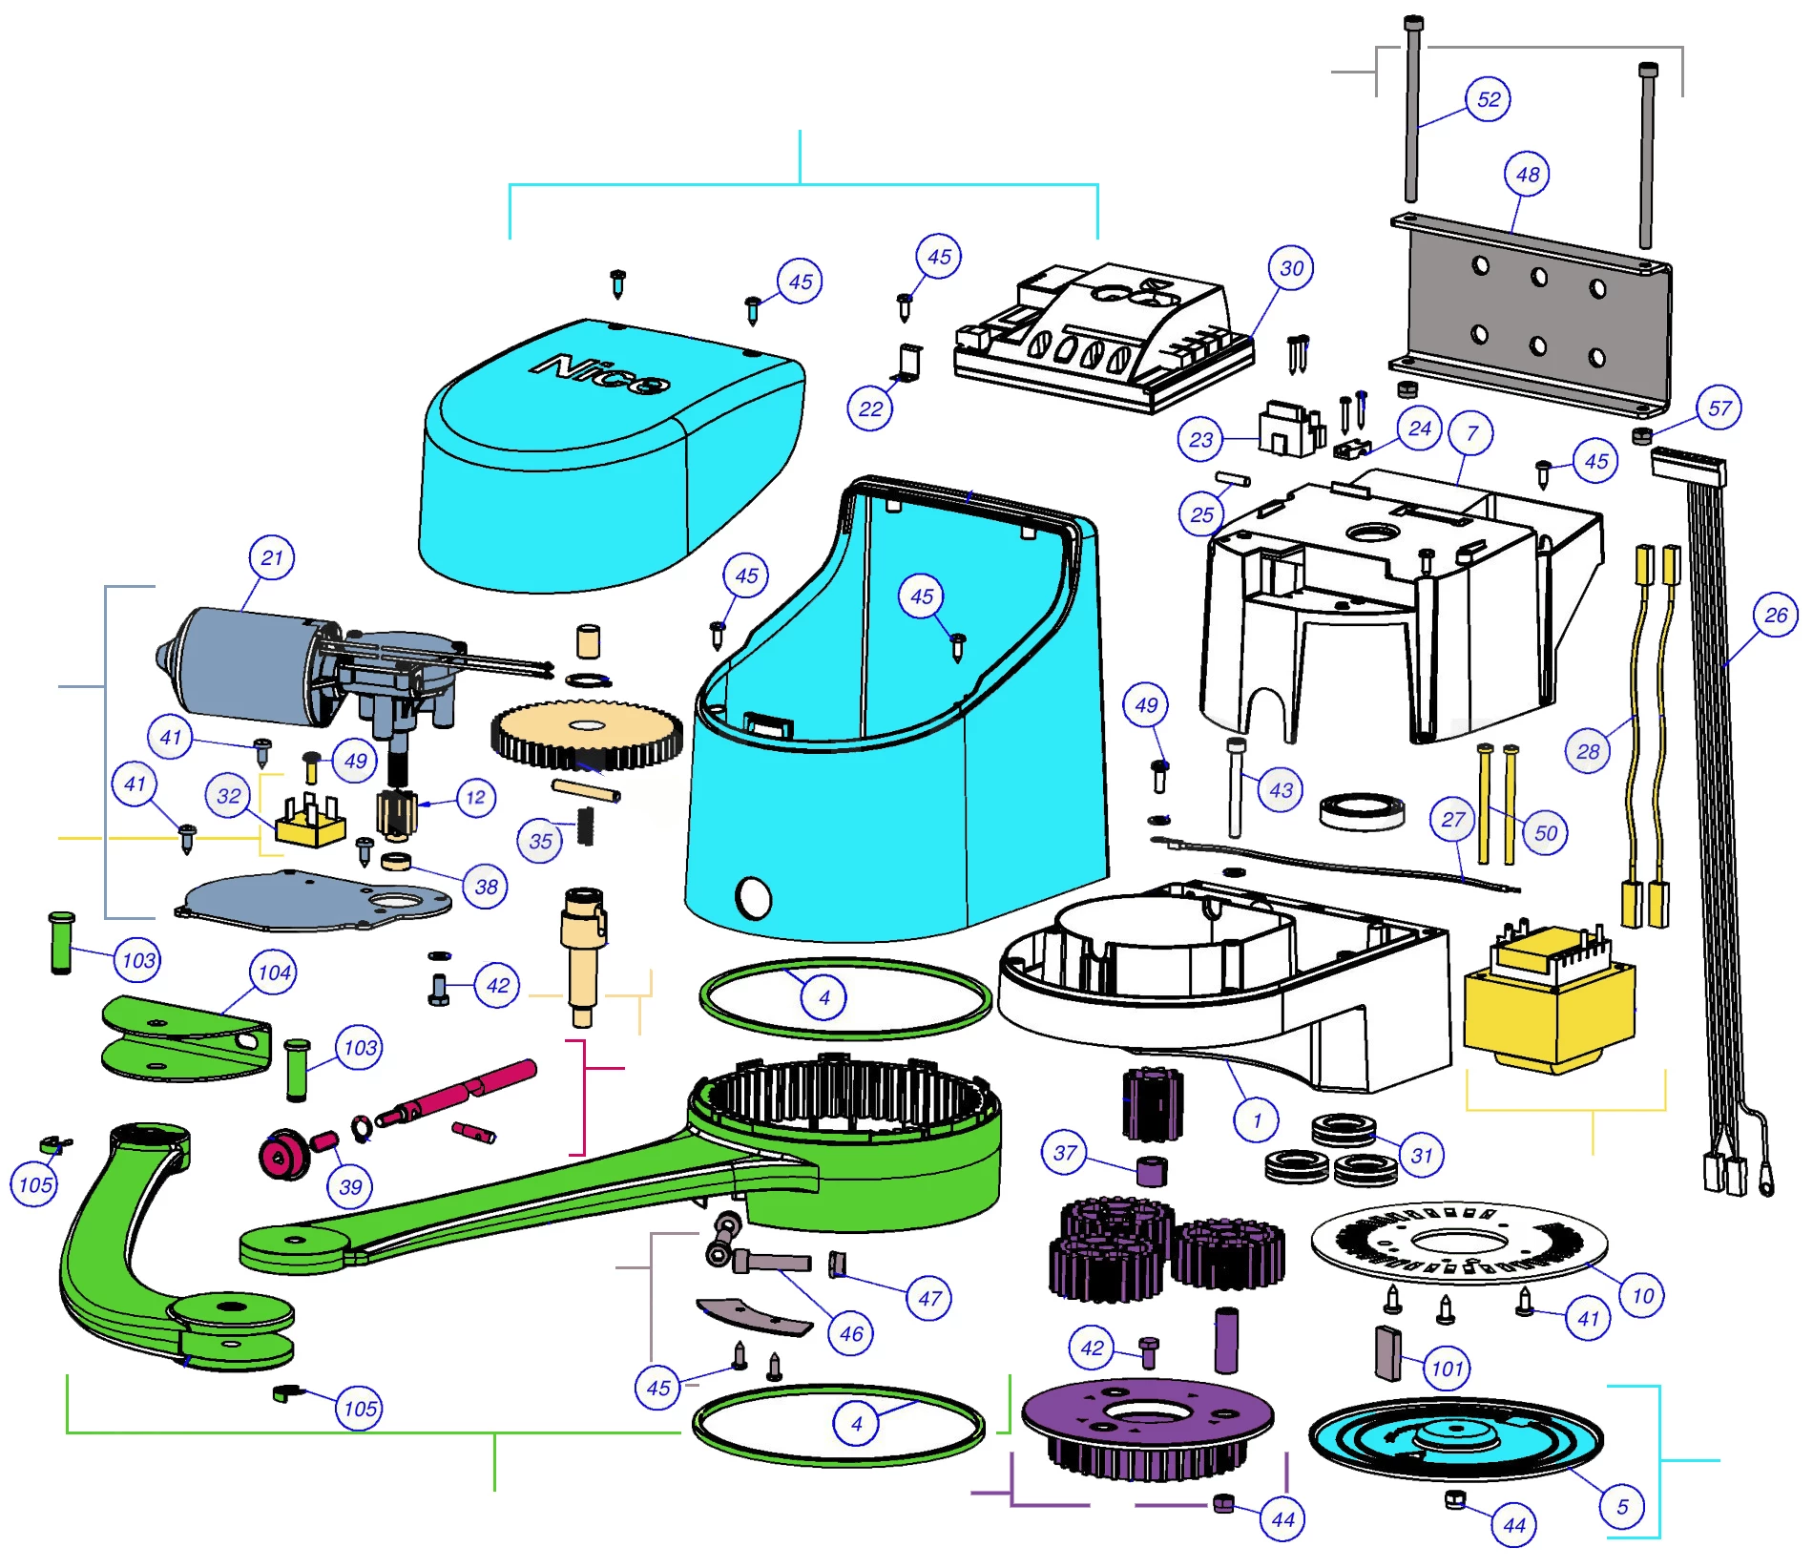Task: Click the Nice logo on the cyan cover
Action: pos(602,373)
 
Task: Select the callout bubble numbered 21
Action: pos(272,558)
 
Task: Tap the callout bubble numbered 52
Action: pos(1488,99)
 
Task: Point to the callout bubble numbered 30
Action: pos(1291,269)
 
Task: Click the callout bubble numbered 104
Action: pos(274,973)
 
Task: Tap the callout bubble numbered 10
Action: pos(1642,1296)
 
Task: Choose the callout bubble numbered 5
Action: pos(1622,1507)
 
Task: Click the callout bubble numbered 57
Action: pos(1719,408)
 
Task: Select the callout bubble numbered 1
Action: pos(1257,1120)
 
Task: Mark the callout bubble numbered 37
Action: pos(1065,1153)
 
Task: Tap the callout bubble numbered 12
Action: pos(475,798)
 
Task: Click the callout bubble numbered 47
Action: pos(929,1299)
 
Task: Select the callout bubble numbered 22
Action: pos(870,409)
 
